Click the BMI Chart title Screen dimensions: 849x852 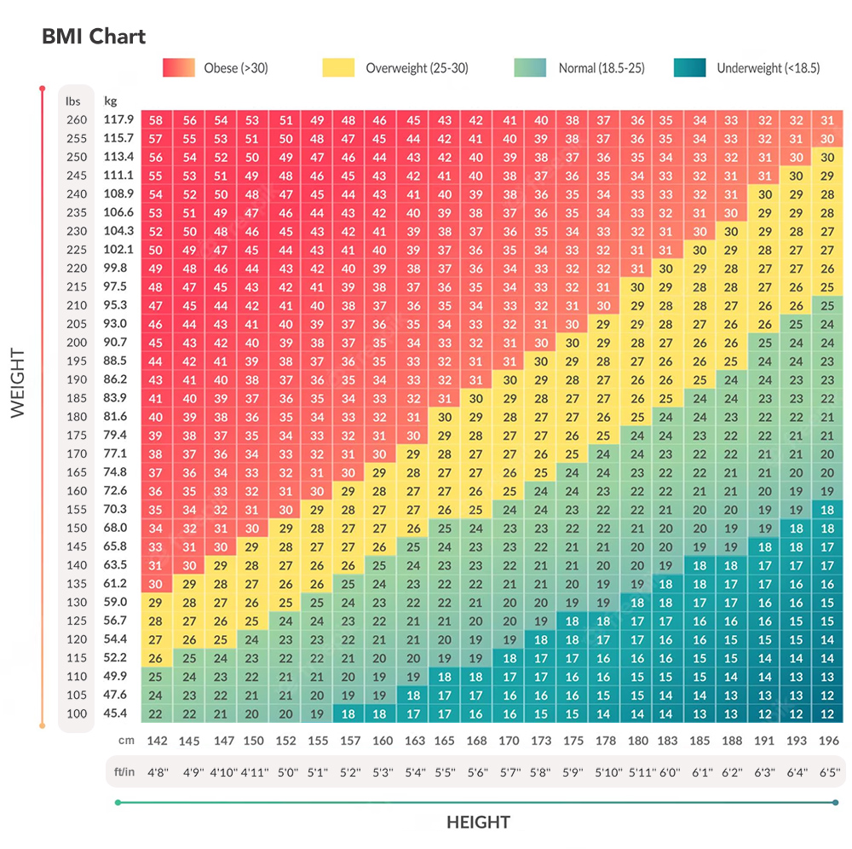pyautogui.click(x=94, y=37)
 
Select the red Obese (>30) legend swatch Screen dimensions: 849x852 pyautogui.click(x=180, y=68)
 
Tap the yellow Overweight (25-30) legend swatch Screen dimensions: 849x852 pyautogui.click(x=339, y=68)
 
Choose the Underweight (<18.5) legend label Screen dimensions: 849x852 pyautogui.click(x=768, y=68)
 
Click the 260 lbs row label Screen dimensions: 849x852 pyautogui.click(x=76, y=119)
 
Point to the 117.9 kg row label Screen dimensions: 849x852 pyautogui.click(x=118, y=119)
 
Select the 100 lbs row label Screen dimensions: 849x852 pyautogui.click(x=76, y=713)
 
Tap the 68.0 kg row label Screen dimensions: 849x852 pyautogui.click(x=116, y=528)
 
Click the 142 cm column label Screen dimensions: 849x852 pyautogui.click(x=157, y=742)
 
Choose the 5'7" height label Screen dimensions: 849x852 pyautogui.click(x=509, y=773)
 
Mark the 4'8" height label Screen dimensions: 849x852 pyautogui.click(x=157, y=773)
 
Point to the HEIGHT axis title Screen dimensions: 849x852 pyautogui.click(x=478, y=823)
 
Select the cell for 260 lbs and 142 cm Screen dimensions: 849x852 pyautogui.click(x=156, y=120)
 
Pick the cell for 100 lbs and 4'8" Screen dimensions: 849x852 pyautogui.click(x=156, y=714)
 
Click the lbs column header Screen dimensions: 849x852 pyautogui.click(x=73, y=101)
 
